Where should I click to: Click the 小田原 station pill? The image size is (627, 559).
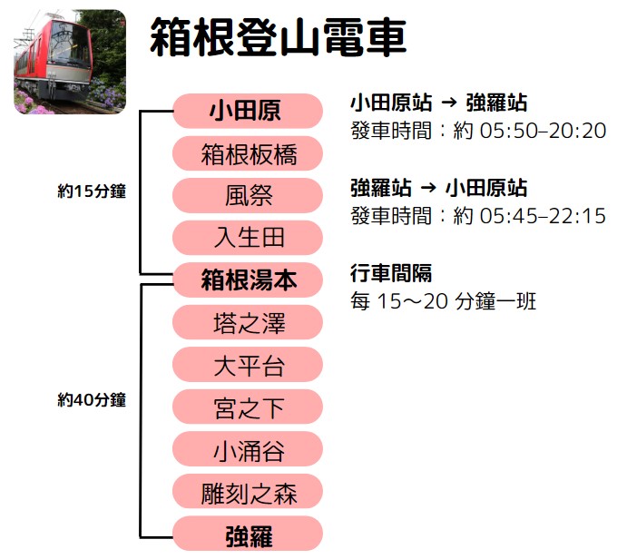(x=247, y=112)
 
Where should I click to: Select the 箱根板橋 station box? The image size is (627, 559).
(x=247, y=154)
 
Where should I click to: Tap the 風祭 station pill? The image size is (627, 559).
(x=247, y=196)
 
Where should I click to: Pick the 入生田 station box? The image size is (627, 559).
(x=247, y=238)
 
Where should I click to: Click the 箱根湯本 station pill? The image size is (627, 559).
(x=247, y=280)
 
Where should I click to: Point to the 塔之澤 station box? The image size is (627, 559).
(x=247, y=322)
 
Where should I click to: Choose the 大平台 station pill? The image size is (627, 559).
(x=247, y=365)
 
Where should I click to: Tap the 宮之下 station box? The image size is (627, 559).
(x=247, y=407)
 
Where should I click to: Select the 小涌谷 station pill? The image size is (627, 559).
(x=247, y=449)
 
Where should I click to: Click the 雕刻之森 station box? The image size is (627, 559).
(x=247, y=492)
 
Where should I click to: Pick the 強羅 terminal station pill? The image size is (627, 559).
(x=247, y=534)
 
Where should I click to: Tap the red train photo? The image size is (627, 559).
(x=70, y=62)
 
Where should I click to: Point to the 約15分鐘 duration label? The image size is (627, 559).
(x=91, y=191)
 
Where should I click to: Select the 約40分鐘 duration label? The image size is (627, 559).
(x=91, y=400)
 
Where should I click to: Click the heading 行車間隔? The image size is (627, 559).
(x=390, y=273)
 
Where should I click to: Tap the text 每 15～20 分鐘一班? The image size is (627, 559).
(x=443, y=300)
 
